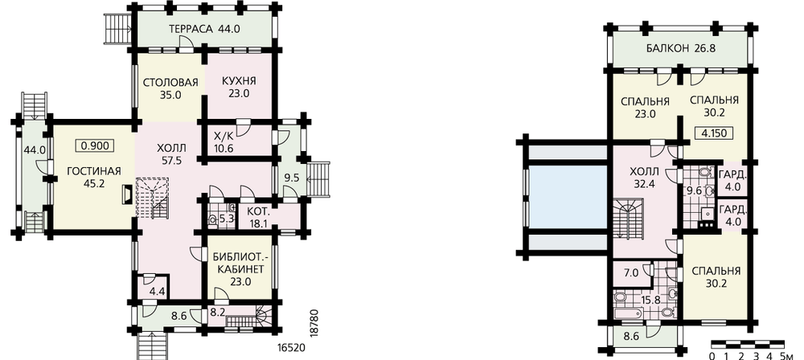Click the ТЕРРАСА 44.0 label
pos(204,29)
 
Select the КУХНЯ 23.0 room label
pos(239,87)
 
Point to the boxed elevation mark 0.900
pos(95,145)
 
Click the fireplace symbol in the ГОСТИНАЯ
pos(126,195)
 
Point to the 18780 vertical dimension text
pos(315,322)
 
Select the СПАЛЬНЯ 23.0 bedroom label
pos(645,108)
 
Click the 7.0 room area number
pos(631,273)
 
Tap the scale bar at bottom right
pos(748,344)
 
